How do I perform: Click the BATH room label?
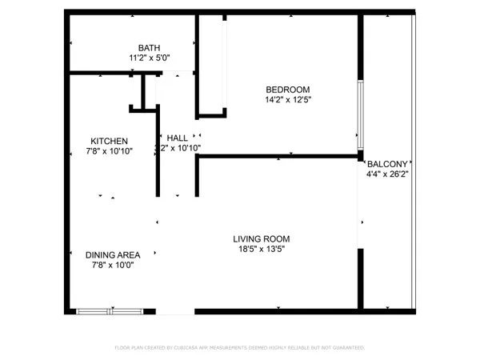click(x=149, y=47)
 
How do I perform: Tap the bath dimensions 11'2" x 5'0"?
click(x=149, y=58)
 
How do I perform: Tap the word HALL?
click(x=178, y=138)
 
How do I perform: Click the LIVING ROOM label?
click(x=261, y=238)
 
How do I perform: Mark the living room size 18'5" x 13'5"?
click(x=261, y=249)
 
